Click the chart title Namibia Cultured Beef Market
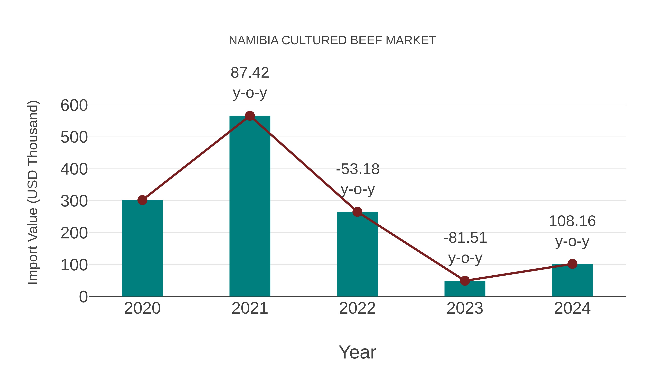click(332, 40)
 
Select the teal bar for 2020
click(142, 248)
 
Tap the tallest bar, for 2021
click(250, 206)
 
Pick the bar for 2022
click(357, 254)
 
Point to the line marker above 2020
click(142, 200)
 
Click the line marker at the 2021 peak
click(250, 116)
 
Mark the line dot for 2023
click(465, 281)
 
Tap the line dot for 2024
click(572, 264)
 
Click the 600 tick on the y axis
click(74, 106)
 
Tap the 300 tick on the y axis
click(74, 201)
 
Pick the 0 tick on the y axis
click(83, 297)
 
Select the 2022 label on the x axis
click(357, 308)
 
